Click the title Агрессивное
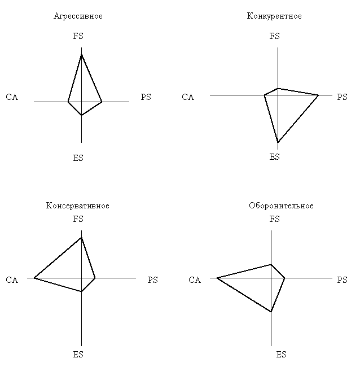(x=78, y=16)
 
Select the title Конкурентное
(x=274, y=16)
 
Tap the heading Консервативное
(x=78, y=206)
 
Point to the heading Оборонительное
(x=281, y=206)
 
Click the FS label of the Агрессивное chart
(x=78, y=36)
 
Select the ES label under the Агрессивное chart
(x=78, y=158)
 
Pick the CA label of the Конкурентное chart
(x=188, y=97)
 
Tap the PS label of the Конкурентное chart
(x=342, y=97)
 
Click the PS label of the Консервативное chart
(x=152, y=279)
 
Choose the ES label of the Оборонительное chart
(x=281, y=355)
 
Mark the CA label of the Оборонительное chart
(x=195, y=279)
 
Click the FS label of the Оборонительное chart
(x=274, y=219)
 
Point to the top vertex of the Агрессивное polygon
(x=81, y=55)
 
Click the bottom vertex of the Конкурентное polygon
(x=278, y=142)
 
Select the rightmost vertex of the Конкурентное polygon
(x=318, y=95)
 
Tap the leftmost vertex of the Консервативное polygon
(x=34, y=278)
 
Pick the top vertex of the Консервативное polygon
(x=81, y=238)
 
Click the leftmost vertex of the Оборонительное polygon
(x=217, y=278)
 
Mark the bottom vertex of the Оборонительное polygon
(x=271, y=312)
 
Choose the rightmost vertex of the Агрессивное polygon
(x=102, y=102)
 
